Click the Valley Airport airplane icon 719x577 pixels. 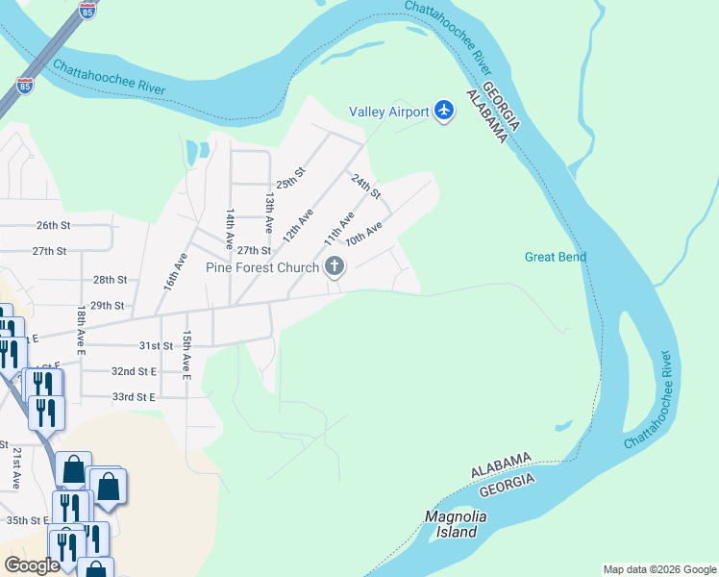tap(443, 112)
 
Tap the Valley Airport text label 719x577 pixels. tap(388, 113)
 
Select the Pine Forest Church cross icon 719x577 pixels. tap(335, 267)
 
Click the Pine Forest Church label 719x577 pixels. tap(262, 267)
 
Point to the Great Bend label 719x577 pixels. tap(556, 257)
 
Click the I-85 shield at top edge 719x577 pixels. tap(87, 12)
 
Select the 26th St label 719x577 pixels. tap(54, 225)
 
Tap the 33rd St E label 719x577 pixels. tap(133, 396)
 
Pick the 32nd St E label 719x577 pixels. tap(133, 370)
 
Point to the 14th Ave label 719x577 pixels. tap(231, 230)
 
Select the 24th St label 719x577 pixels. tap(365, 186)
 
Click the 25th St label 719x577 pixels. tap(290, 179)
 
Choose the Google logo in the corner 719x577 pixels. tap(32, 565)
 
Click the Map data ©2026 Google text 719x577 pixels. tap(659, 569)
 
